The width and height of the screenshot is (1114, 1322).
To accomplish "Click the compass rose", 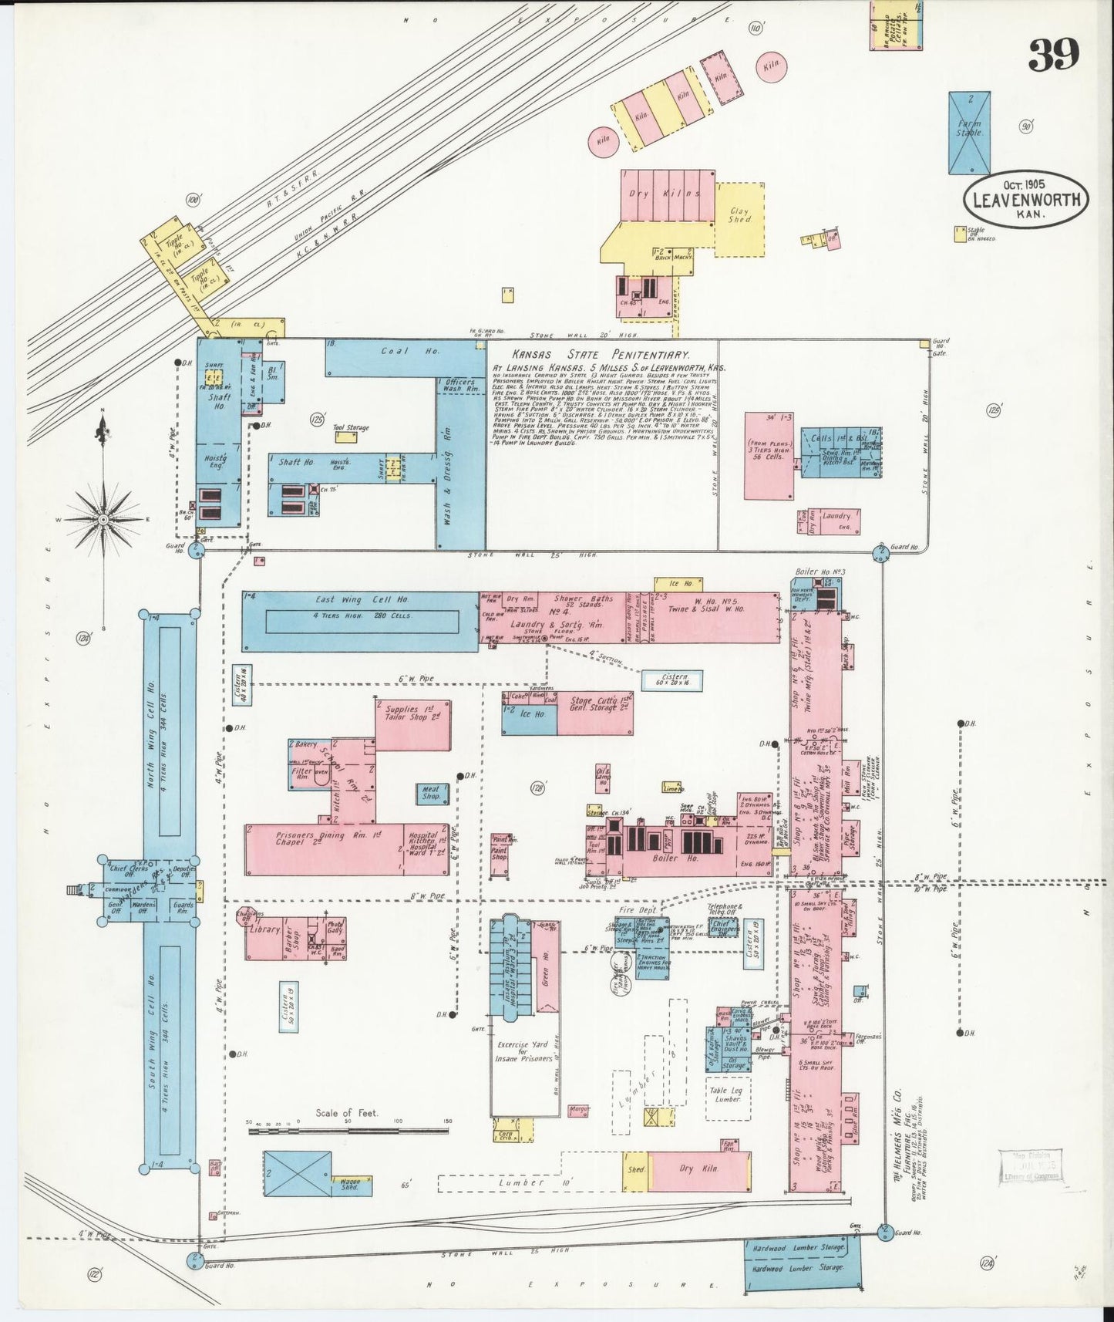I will pos(103,519).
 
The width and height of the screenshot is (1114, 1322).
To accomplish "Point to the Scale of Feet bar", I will pos(348,1131).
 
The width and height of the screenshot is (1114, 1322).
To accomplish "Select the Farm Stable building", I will pos(969,133).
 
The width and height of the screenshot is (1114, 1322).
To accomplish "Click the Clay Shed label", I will pos(739,214).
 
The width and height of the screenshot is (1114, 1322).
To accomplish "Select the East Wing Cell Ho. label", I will pos(362,599).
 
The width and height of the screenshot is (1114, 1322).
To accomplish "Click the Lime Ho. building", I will pos(672,788).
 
